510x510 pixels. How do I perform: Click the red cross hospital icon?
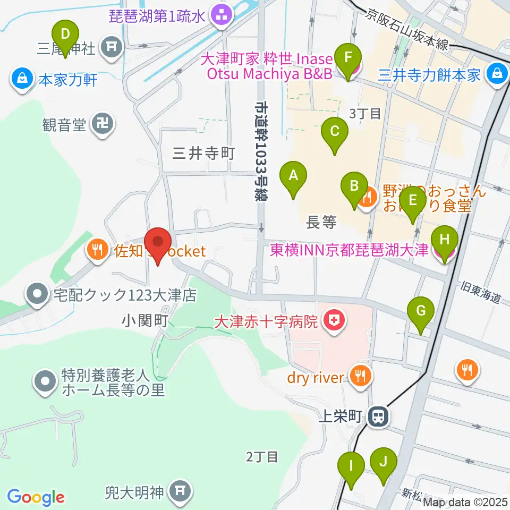click(x=334, y=320)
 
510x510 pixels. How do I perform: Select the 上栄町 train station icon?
click(x=378, y=416)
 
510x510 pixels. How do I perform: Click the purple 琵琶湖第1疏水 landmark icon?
click(x=219, y=16)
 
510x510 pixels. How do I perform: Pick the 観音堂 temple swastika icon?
click(x=101, y=125)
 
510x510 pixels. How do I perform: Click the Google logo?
click(x=36, y=497)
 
